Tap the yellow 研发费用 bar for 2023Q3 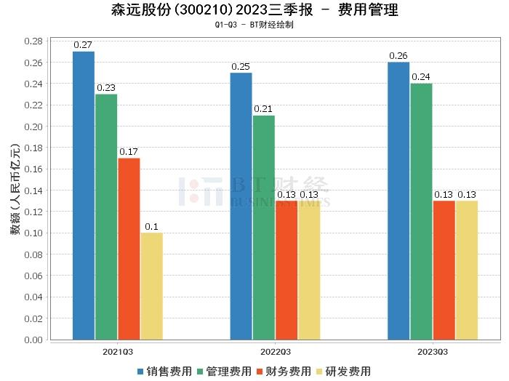click(x=466, y=270)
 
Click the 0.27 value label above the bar click(x=84, y=45)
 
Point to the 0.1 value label click(x=151, y=227)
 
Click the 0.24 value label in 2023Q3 click(x=421, y=77)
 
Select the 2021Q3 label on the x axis click(x=117, y=351)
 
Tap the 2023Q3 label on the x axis click(x=433, y=351)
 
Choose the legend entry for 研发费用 click(x=341, y=372)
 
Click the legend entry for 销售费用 click(x=164, y=372)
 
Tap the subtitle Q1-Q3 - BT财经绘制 click(x=254, y=24)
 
